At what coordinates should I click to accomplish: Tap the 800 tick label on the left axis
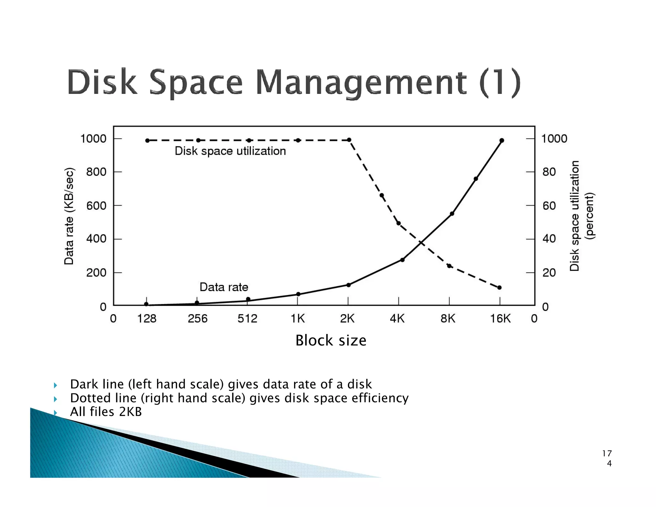click(96, 172)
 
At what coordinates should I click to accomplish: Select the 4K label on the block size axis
click(397, 319)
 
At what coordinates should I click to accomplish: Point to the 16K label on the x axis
click(500, 319)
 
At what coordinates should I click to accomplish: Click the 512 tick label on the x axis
click(247, 319)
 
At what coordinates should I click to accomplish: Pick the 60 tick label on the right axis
click(549, 205)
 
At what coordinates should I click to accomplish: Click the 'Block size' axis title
click(331, 340)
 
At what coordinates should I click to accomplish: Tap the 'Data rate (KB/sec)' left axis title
click(69, 216)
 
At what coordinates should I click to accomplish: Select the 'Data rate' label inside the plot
click(224, 287)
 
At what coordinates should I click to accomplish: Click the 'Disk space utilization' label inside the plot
click(230, 151)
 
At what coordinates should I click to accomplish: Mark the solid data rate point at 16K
click(502, 140)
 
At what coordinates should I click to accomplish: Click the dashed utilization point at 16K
click(499, 287)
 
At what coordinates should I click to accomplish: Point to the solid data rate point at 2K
click(348, 285)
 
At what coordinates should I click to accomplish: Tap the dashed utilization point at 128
click(147, 140)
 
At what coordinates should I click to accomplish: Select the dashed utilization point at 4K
click(398, 223)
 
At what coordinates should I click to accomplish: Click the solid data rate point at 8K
click(452, 213)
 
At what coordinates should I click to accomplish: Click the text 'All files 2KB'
click(106, 412)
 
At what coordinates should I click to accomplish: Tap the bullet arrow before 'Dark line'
click(55, 385)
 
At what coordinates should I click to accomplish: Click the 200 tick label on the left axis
click(96, 273)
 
